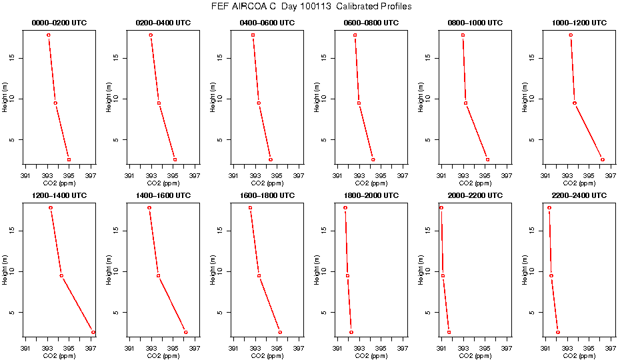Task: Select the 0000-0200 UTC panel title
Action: pyautogui.click(x=60, y=23)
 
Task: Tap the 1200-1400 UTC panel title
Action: pyautogui.click(x=60, y=196)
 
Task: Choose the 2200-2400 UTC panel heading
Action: pyautogui.click(x=580, y=196)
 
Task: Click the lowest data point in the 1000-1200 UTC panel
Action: pyautogui.click(x=602, y=159)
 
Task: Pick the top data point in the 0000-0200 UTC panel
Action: pyautogui.click(x=49, y=35)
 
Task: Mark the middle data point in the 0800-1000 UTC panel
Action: pyautogui.click(x=465, y=103)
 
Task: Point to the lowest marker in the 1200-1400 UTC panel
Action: pyautogui.click(x=93, y=332)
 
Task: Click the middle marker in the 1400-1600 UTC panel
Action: pyautogui.click(x=158, y=275)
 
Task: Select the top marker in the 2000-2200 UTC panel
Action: pyautogui.click(x=441, y=207)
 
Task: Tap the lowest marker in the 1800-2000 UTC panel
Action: pyautogui.click(x=351, y=332)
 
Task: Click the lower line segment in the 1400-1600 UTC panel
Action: pyautogui.click(x=172, y=304)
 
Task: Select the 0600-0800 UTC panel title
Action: pyautogui.click(x=372, y=23)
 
